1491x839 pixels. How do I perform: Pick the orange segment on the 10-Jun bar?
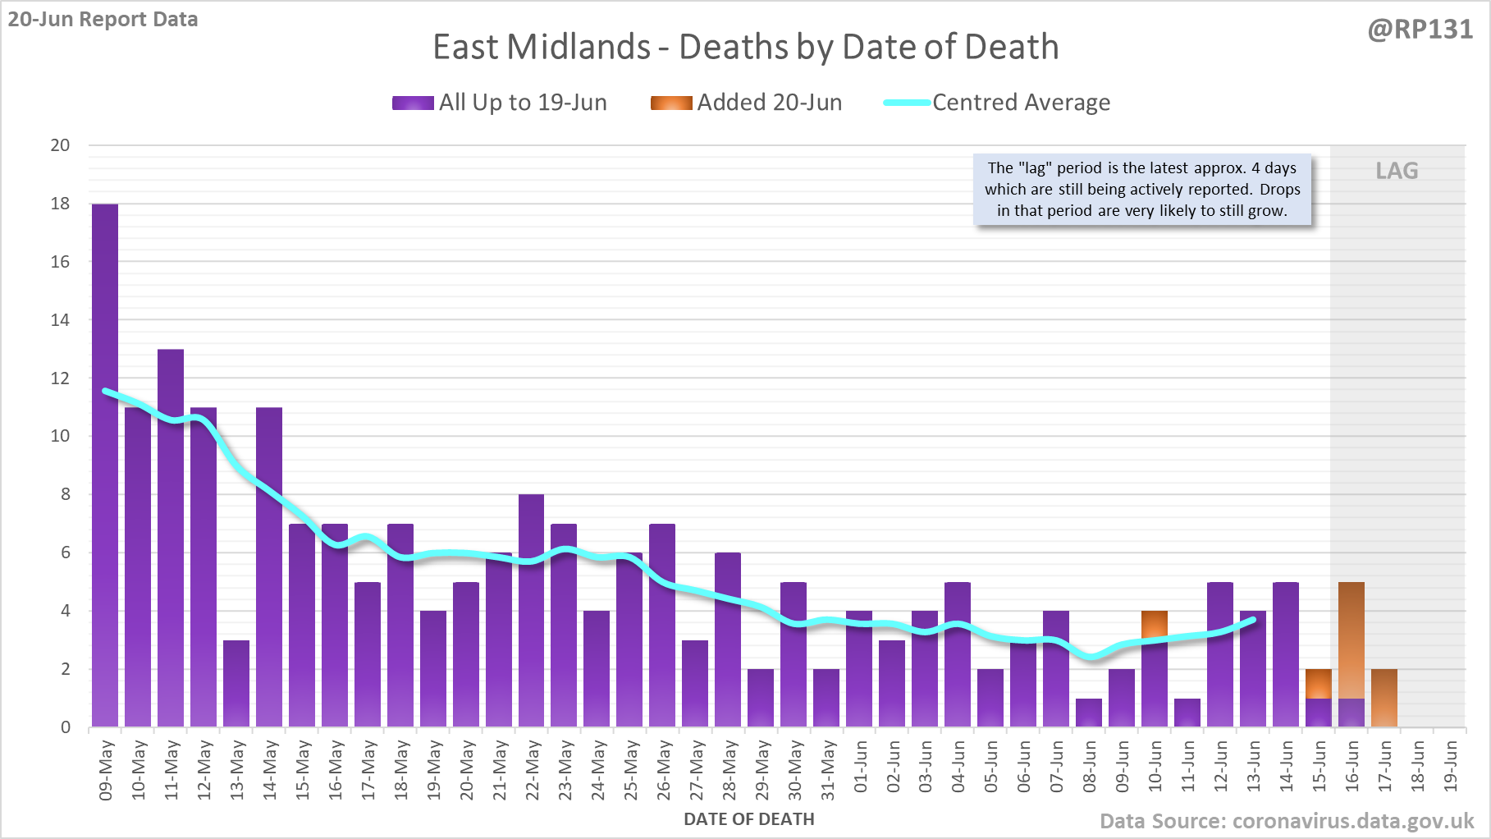click(x=1155, y=625)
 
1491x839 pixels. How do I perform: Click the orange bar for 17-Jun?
click(x=1384, y=698)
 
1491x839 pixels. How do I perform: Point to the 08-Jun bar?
click(x=1089, y=713)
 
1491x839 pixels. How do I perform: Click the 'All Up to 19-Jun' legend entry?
click(x=500, y=103)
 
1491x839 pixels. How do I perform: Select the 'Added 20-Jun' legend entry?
click(x=747, y=103)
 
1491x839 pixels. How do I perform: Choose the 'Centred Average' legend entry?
click(x=997, y=103)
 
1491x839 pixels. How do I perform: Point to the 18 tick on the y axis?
click(x=60, y=204)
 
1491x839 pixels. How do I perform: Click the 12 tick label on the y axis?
click(x=60, y=378)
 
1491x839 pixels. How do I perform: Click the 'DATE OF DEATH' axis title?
click(x=749, y=819)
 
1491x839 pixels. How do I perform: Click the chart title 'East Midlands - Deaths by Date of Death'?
click(x=745, y=47)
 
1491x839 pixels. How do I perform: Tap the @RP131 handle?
click(x=1420, y=30)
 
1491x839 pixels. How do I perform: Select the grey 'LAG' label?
click(x=1397, y=171)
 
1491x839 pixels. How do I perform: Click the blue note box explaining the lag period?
click(x=1142, y=190)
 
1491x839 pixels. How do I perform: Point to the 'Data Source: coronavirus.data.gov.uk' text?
click(x=1287, y=821)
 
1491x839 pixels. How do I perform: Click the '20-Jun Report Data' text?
click(x=103, y=19)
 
